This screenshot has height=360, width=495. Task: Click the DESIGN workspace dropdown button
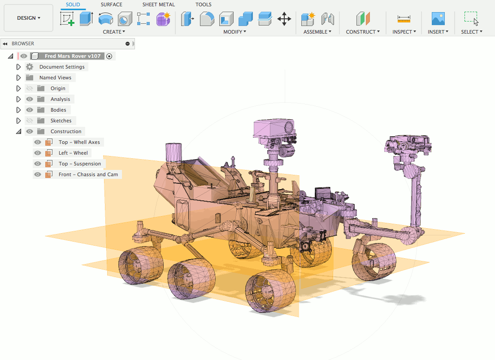[28, 18]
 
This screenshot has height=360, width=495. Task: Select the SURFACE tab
[112, 4]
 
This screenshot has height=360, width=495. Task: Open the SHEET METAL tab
[158, 4]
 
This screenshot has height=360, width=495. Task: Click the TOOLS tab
[203, 4]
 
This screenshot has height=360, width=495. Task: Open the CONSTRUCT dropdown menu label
[363, 32]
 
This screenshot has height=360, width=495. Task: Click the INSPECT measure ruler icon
[404, 19]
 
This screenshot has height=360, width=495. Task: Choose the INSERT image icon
[438, 19]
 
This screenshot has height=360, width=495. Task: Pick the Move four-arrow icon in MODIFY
[284, 19]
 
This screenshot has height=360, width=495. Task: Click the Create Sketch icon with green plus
[67, 19]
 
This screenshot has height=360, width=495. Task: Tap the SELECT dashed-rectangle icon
[471, 18]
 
